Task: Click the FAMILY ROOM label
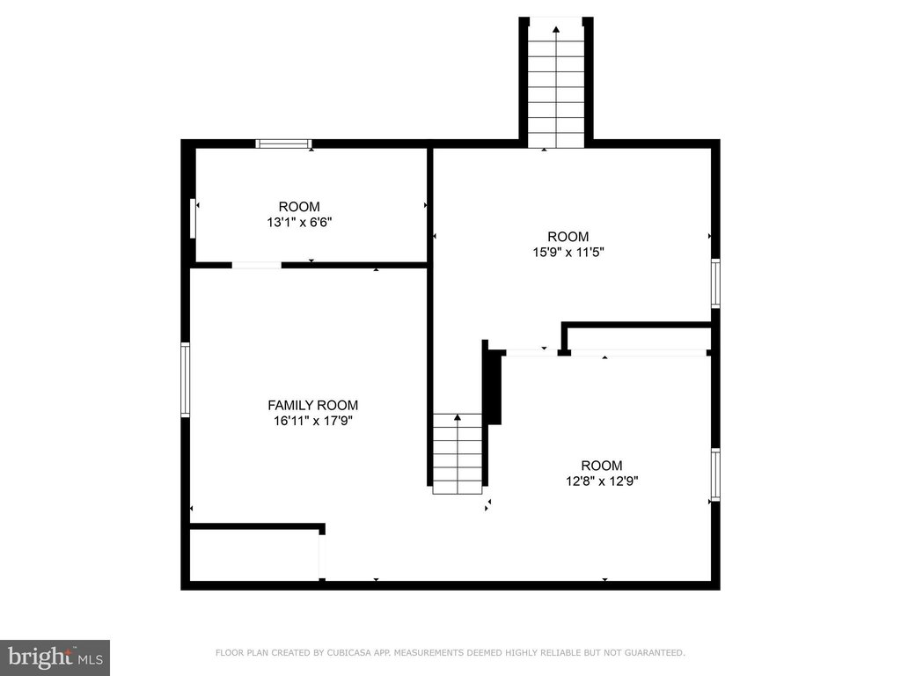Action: [312, 405]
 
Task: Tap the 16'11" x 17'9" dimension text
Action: [312, 421]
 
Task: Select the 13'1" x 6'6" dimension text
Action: [299, 223]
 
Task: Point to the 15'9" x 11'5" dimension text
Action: [568, 252]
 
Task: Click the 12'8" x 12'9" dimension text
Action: [602, 481]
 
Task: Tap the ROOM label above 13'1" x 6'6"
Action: [299, 207]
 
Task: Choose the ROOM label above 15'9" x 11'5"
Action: [568, 237]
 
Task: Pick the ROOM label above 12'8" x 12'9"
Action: [602, 466]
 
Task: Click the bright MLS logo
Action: [55, 658]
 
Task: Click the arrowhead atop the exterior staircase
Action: [556, 29]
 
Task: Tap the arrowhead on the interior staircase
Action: [458, 417]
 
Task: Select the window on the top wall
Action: [283, 143]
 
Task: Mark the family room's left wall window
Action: [185, 379]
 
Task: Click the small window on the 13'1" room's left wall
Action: [193, 218]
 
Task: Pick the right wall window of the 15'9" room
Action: [715, 283]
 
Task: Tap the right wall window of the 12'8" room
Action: [715, 474]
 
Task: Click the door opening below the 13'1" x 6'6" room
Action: [257, 265]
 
